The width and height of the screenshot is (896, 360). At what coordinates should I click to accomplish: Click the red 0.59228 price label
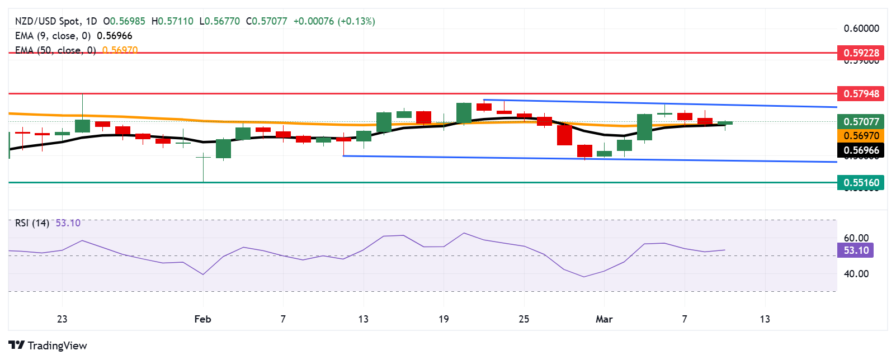(861, 53)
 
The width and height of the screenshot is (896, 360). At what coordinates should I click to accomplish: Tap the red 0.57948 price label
(861, 94)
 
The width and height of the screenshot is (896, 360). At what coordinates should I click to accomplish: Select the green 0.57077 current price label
(861, 121)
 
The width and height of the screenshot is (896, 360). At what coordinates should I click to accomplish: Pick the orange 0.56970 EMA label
(861, 136)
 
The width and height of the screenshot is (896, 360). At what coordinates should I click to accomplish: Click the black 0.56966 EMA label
(861, 150)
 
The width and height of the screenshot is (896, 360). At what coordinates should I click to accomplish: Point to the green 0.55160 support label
(861, 183)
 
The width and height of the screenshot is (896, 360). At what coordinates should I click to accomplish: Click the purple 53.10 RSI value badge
(856, 250)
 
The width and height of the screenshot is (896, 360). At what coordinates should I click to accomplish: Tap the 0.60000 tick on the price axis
(861, 29)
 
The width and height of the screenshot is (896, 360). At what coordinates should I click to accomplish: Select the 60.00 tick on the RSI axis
(856, 238)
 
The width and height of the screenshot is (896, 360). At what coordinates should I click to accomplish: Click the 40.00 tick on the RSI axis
(856, 274)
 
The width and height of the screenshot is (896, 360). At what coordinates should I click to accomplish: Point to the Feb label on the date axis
(202, 319)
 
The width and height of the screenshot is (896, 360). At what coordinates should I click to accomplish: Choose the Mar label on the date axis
(604, 319)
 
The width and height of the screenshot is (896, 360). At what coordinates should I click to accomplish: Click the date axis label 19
(444, 319)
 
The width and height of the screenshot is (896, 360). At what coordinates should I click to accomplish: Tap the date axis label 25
(524, 319)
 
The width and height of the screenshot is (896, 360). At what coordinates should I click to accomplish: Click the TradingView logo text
(57, 345)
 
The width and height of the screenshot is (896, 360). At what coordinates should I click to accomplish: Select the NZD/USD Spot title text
(47, 21)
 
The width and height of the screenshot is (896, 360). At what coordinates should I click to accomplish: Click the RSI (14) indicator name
(32, 223)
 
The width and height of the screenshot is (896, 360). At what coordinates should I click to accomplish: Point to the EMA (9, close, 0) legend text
(53, 36)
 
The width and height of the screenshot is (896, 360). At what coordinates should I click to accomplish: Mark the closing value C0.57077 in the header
(266, 21)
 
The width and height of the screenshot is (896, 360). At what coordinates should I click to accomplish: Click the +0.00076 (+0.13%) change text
(334, 21)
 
